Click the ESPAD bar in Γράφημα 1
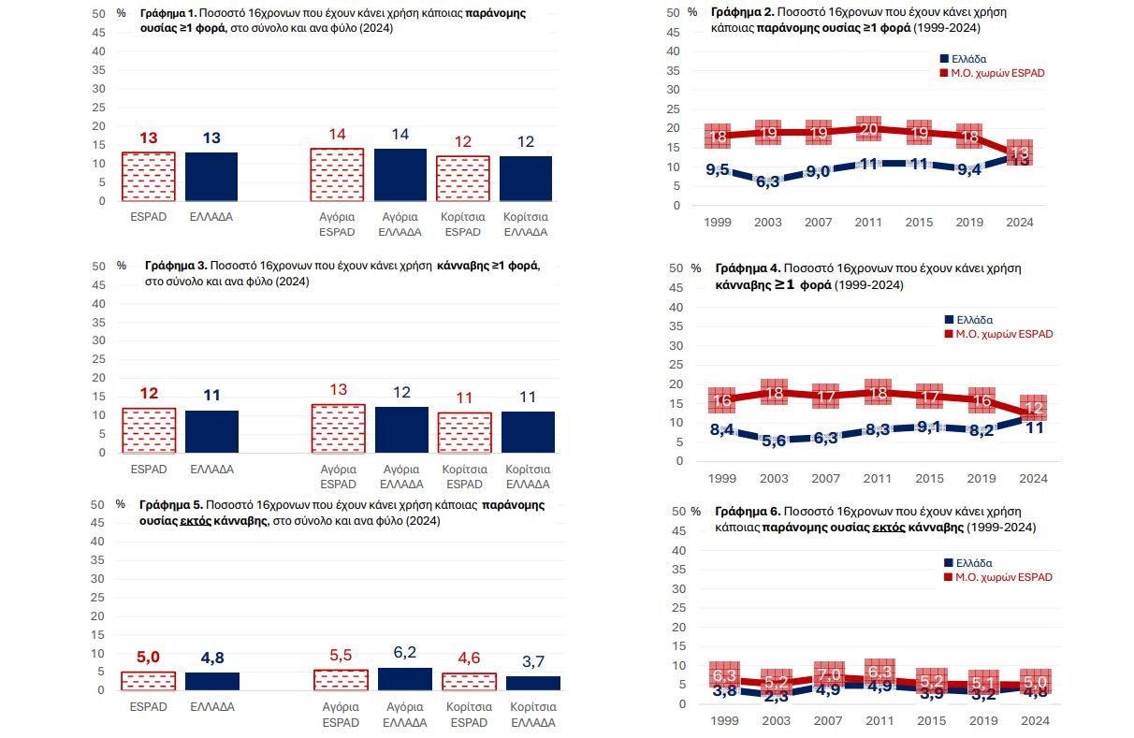148,177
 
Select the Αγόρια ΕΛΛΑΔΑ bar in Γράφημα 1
400,175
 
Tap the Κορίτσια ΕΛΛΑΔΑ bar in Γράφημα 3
528,432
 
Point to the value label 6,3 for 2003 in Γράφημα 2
767,181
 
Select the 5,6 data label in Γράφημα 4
773,441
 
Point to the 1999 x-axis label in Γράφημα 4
721,479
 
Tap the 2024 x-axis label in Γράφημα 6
1033,721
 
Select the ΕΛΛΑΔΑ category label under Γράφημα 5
211,707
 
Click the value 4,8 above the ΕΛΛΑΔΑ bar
212,658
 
